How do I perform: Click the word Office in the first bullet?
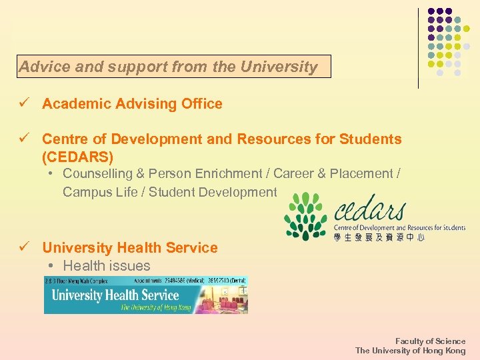click(x=203, y=104)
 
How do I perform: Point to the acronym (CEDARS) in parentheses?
click(x=78, y=157)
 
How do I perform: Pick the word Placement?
click(x=368, y=174)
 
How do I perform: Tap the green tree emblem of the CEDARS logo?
click(x=305, y=217)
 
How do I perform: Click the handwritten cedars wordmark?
click(x=371, y=212)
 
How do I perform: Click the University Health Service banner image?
click(x=146, y=295)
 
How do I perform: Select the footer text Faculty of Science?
click(x=430, y=341)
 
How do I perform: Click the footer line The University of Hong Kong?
click(x=410, y=351)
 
